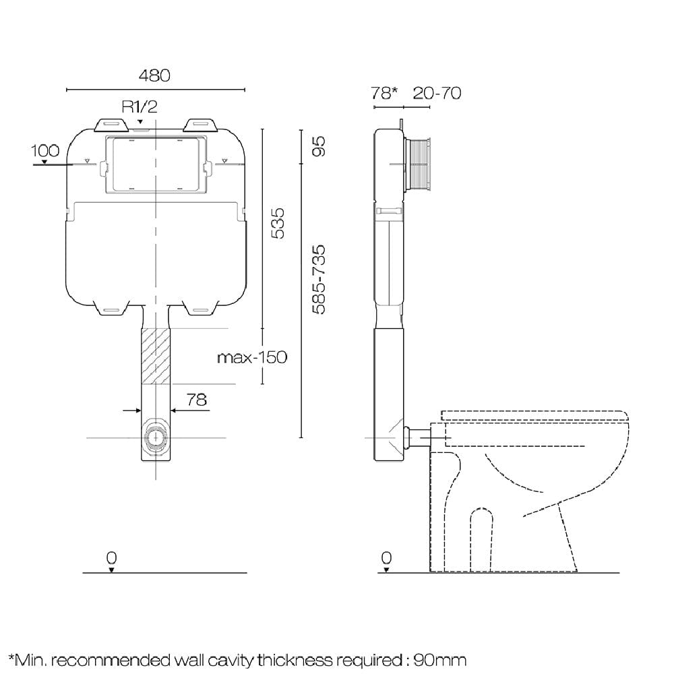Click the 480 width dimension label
click(x=154, y=75)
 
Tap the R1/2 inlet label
click(x=140, y=106)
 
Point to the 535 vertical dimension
click(x=278, y=222)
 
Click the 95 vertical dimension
click(x=318, y=146)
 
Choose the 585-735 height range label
click(x=318, y=278)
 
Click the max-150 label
click(x=251, y=357)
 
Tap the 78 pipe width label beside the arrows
click(x=196, y=399)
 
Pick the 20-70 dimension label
click(x=437, y=93)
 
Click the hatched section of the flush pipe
click(x=156, y=355)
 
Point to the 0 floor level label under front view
click(x=111, y=557)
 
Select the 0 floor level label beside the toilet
click(x=386, y=557)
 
